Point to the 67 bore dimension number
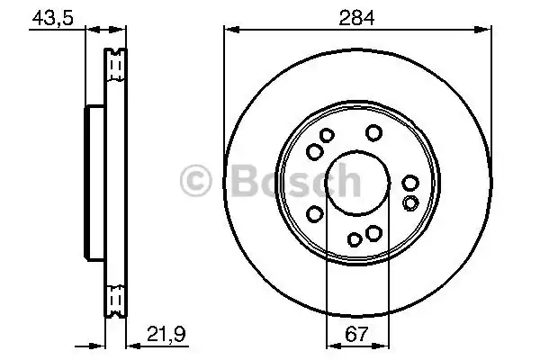point(356,335)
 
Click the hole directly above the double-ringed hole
point(410,183)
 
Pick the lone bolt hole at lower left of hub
point(315,213)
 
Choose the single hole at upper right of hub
point(373,133)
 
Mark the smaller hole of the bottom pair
point(355,238)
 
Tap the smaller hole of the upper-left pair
point(314,152)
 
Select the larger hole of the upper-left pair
point(326,136)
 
